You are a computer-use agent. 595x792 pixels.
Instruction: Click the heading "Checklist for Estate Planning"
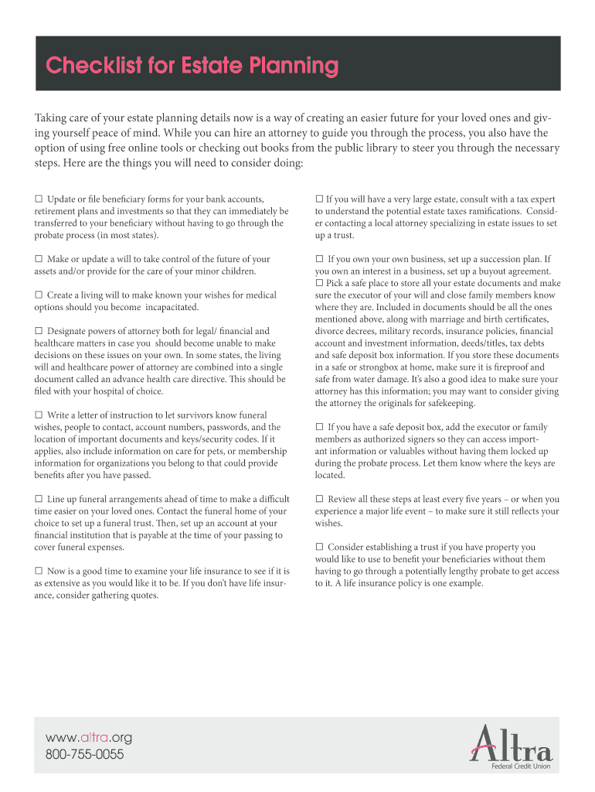pyautogui.click(x=192, y=67)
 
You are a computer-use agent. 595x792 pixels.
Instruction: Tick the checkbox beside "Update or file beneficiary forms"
pyautogui.click(x=39, y=200)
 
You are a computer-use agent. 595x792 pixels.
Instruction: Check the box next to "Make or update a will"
pyautogui.click(x=39, y=259)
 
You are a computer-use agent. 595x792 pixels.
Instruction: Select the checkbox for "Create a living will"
pyautogui.click(x=39, y=295)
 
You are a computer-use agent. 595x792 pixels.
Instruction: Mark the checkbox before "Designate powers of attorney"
pyautogui.click(x=39, y=331)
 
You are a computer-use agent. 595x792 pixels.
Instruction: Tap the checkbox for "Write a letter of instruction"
pyautogui.click(x=39, y=415)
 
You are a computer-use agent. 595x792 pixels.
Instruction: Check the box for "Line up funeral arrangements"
pyautogui.click(x=39, y=499)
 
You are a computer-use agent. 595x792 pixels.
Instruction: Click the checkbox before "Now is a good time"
pyautogui.click(x=39, y=571)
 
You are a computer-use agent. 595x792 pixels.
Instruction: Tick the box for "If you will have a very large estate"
pyautogui.click(x=319, y=200)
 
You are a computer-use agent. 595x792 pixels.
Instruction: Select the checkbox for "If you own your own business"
pyautogui.click(x=319, y=259)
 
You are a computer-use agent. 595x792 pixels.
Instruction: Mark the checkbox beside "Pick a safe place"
pyautogui.click(x=319, y=283)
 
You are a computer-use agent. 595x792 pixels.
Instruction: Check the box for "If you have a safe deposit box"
pyautogui.click(x=319, y=427)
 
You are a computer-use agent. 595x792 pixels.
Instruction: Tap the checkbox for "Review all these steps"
pyautogui.click(x=319, y=499)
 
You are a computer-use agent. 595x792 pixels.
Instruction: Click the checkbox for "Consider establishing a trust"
pyautogui.click(x=319, y=547)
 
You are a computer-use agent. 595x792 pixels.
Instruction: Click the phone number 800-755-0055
pyautogui.click(x=85, y=754)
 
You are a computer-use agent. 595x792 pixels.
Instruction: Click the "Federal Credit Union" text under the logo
pyautogui.click(x=522, y=766)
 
